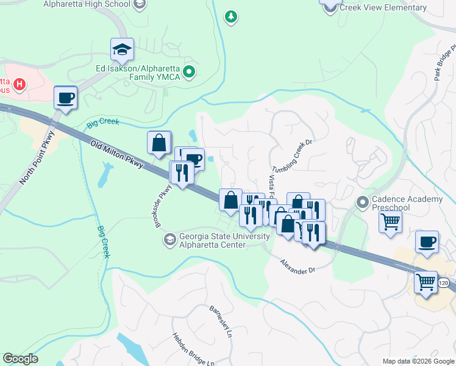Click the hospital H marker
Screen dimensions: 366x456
[20, 84]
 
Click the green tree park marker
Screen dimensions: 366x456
[230, 16]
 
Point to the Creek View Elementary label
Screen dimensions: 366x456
[383, 7]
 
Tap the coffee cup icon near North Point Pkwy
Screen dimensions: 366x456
[65, 98]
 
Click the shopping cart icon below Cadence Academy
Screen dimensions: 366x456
[390, 222]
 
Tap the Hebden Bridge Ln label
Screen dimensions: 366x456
[193, 349]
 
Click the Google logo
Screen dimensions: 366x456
[20, 359]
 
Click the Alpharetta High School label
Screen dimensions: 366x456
[87, 4]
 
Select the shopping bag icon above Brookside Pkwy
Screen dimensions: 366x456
[159, 143]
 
